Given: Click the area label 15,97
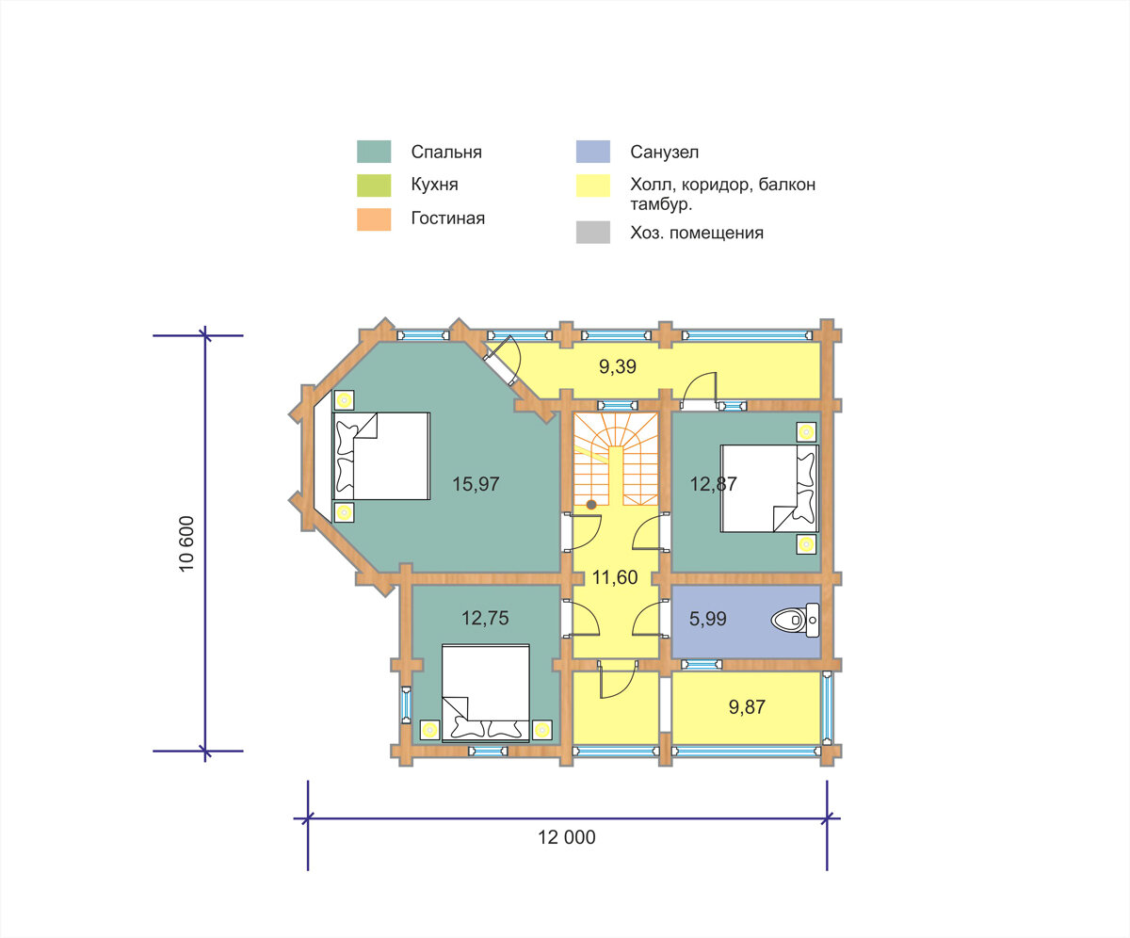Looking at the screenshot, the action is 476,484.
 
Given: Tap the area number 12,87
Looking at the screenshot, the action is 713,484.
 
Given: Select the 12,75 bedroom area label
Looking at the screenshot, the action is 485,618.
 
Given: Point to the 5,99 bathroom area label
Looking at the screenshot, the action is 708,619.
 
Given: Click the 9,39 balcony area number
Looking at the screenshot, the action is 618,367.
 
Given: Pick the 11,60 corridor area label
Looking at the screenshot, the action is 615,577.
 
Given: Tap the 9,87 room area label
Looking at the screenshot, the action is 747,707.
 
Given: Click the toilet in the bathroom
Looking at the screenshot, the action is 795,620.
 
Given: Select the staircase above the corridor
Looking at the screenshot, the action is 616,459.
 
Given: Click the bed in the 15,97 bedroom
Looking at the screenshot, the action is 381,456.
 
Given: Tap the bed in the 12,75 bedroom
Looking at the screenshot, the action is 486,692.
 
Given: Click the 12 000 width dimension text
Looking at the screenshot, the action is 567,837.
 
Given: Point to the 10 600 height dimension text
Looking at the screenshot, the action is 186,543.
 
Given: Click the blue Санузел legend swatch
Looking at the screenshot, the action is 592,152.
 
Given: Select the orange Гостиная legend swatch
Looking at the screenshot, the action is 374,219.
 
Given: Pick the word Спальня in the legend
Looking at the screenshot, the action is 446,152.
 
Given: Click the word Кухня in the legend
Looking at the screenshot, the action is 434,185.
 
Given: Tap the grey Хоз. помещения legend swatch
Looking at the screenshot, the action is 592,233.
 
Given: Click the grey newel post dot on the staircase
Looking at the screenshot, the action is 591,505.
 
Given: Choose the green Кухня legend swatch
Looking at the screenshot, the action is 374,186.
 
